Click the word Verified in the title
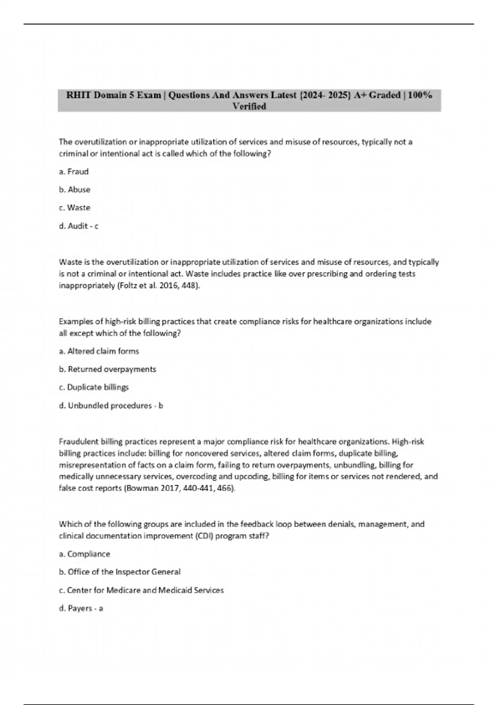(249, 107)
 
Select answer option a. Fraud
(74, 172)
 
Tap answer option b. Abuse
(75, 190)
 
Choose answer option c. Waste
(75, 208)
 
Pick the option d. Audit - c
(79, 226)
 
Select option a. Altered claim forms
(99, 351)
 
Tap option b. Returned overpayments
(108, 369)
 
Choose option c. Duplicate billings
(94, 387)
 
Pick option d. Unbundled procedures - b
(111, 406)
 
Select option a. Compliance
(85, 554)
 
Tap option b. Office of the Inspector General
(120, 572)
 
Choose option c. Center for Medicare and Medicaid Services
(142, 590)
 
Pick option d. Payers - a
(81, 608)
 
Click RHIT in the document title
(79, 95)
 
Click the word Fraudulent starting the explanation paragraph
(79, 442)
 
